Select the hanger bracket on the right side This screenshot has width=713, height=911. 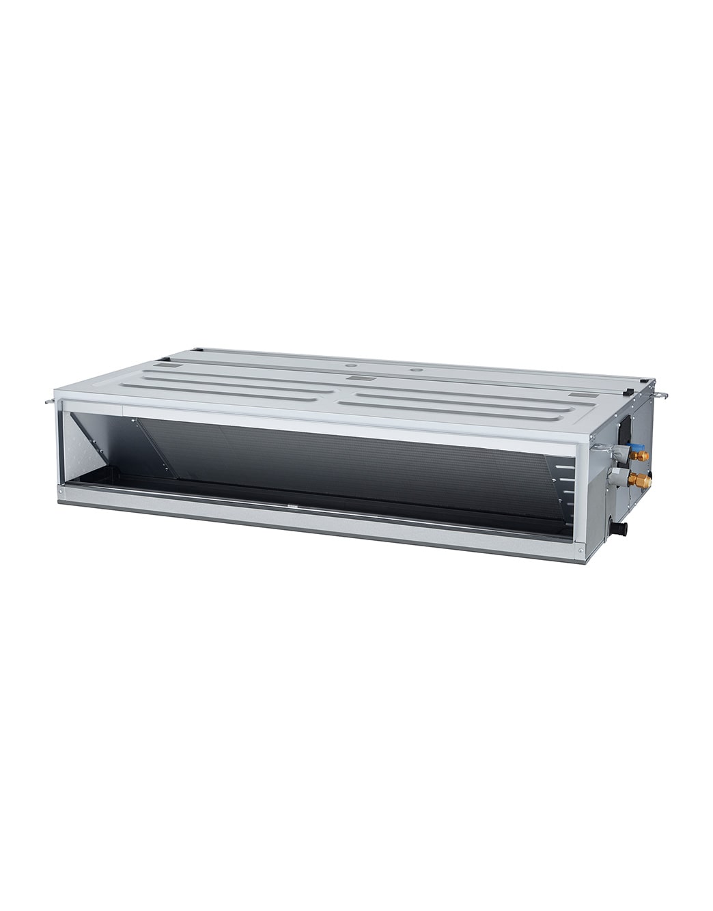tap(661, 394)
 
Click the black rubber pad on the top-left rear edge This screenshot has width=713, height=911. tap(198, 350)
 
